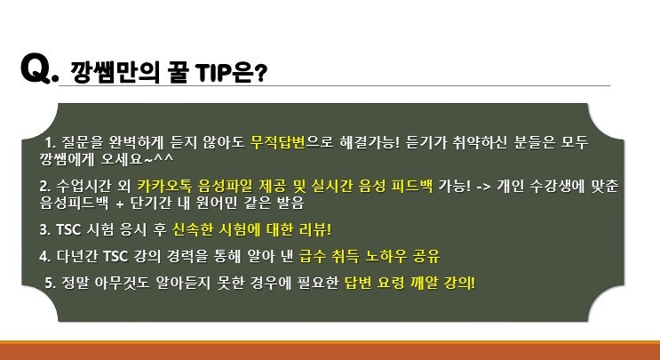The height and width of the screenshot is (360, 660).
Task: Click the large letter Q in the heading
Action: point(36,68)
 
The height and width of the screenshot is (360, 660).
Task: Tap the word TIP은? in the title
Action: point(231,73)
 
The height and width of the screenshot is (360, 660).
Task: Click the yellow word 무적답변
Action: point(277,142)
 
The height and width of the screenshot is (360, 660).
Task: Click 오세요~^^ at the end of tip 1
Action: point(137,159)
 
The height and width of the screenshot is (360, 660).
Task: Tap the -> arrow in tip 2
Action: point(483,186)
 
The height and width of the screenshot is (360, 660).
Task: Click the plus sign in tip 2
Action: point(120,204)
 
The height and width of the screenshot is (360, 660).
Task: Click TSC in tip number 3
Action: point(68,229)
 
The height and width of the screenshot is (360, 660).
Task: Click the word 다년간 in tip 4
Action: point(77,256)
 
